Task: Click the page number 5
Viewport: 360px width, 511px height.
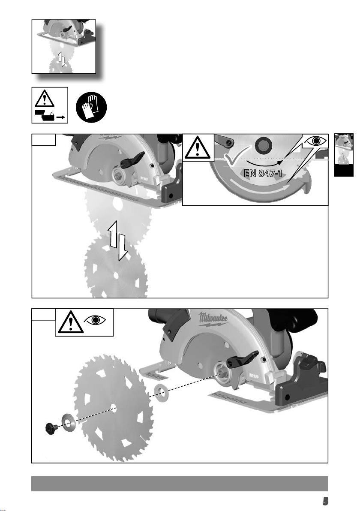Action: point(325,501)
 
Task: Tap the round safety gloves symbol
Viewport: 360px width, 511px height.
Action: point(91,107)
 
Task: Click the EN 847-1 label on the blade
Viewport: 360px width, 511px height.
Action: point(263,173)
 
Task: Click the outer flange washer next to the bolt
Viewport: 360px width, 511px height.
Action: point(68,423)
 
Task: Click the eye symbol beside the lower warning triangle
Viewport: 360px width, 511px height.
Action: point(95,320)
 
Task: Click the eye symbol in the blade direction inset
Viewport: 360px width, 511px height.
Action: point(315,141)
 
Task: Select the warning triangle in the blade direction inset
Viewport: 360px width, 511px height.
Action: point(198,148)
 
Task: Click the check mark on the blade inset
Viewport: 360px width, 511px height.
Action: point(237,156)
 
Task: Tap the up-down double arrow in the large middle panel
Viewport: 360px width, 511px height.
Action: point(117,240)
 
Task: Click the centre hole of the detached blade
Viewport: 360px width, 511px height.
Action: point(113,407)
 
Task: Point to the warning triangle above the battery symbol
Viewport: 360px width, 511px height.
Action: point(44,98)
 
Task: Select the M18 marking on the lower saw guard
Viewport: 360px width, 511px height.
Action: point(254,376)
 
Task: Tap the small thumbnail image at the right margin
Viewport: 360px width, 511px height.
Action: point(344,155)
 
